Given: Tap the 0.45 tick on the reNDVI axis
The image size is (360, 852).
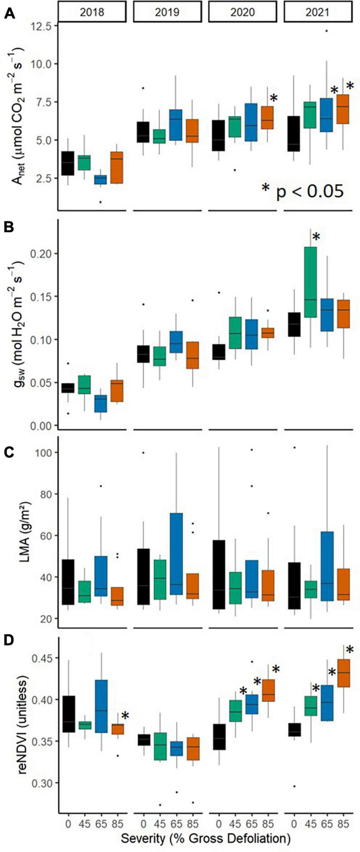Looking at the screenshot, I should pos(41,657).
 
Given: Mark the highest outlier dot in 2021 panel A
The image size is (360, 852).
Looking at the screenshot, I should pos(326,31).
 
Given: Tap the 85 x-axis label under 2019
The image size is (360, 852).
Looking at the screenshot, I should pos(190,823).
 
